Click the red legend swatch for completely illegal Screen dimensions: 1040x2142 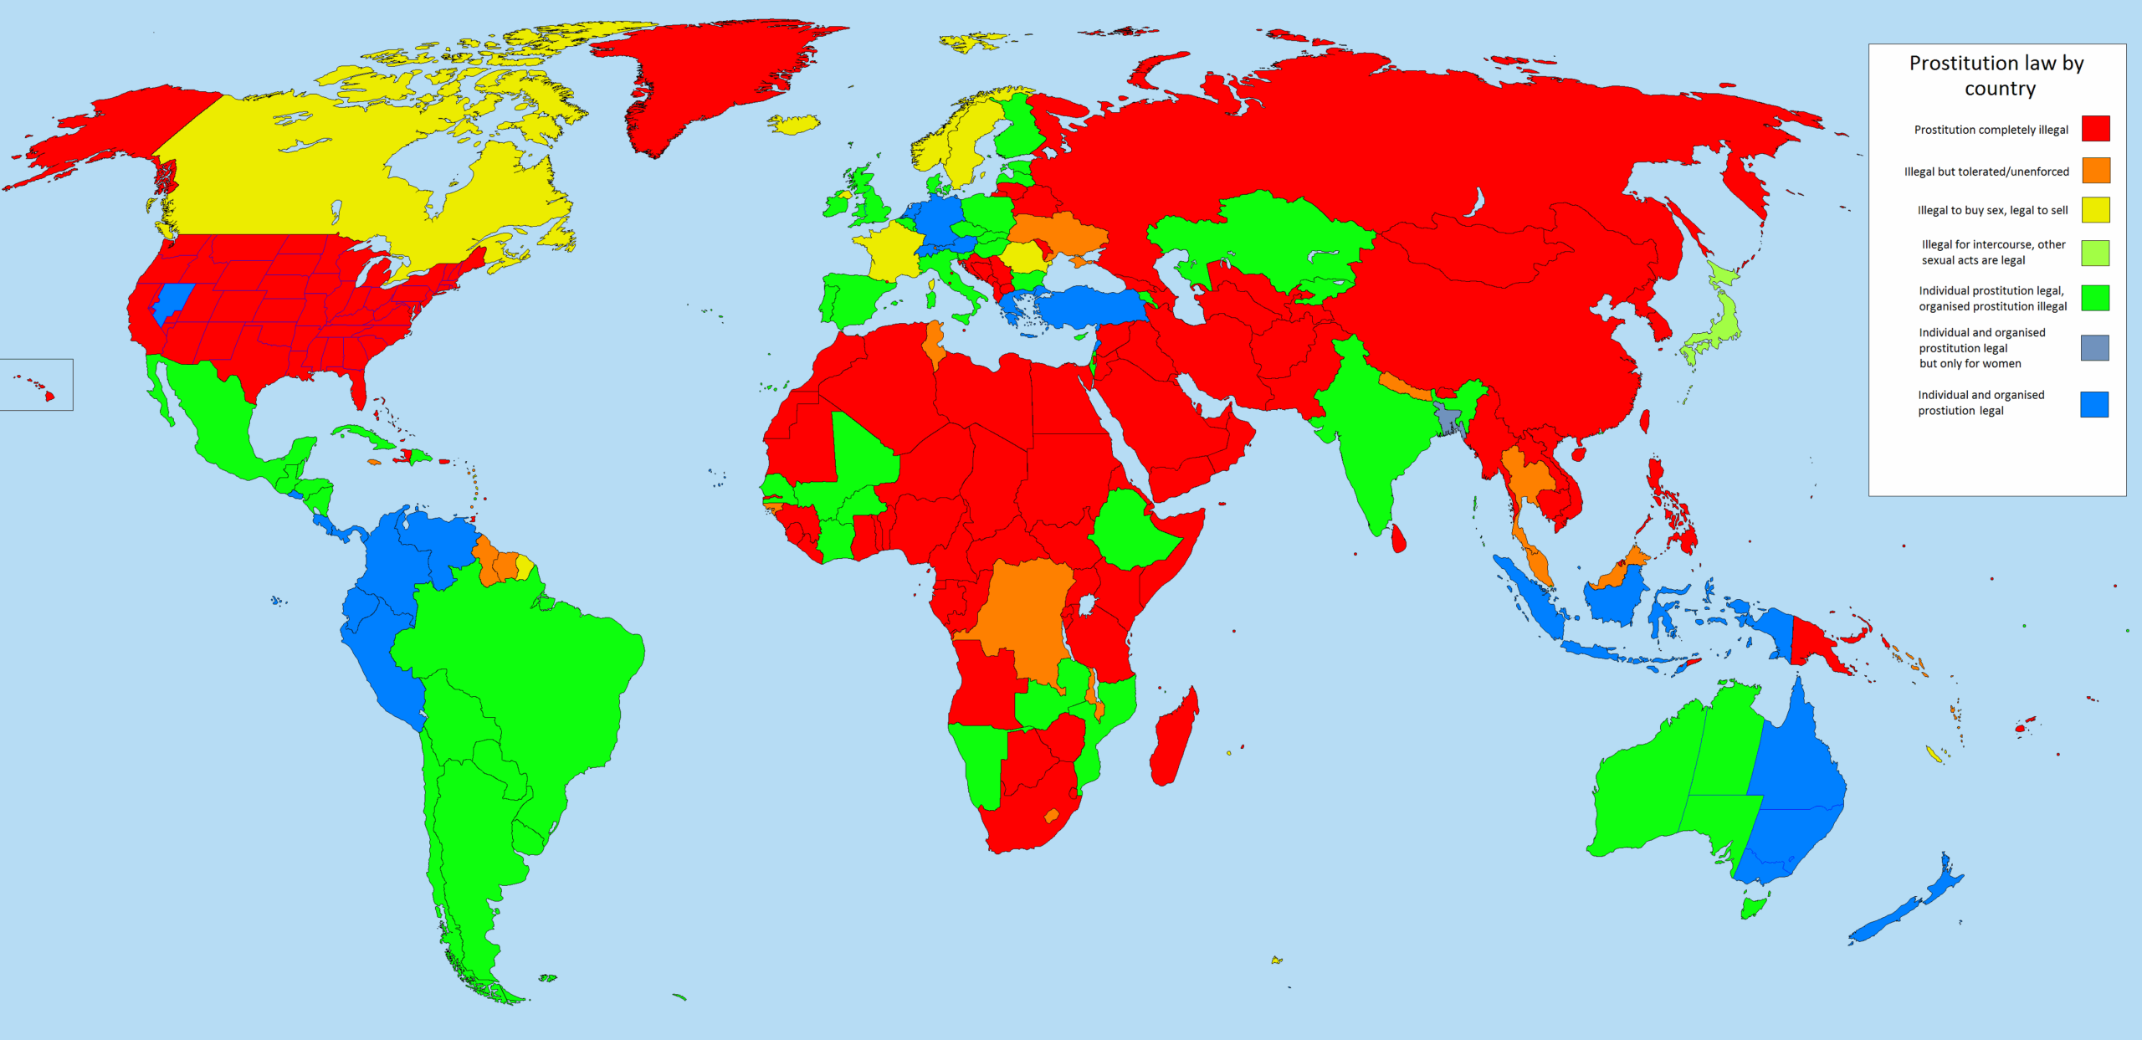[x=2095, y=129]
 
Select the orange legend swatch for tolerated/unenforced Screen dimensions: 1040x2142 [x=2095, y=171]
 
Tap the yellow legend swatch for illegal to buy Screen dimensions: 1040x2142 [x=2095, y=210]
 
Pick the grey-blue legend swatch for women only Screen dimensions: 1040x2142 [x=2094, y=347]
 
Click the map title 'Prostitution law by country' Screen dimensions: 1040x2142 [x=1996, y=75]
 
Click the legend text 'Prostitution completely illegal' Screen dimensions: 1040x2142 [x=1991, y=130]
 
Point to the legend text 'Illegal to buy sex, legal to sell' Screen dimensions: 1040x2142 [x=1992, y=210]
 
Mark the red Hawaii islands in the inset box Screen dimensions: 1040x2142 [x=49, y=396]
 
